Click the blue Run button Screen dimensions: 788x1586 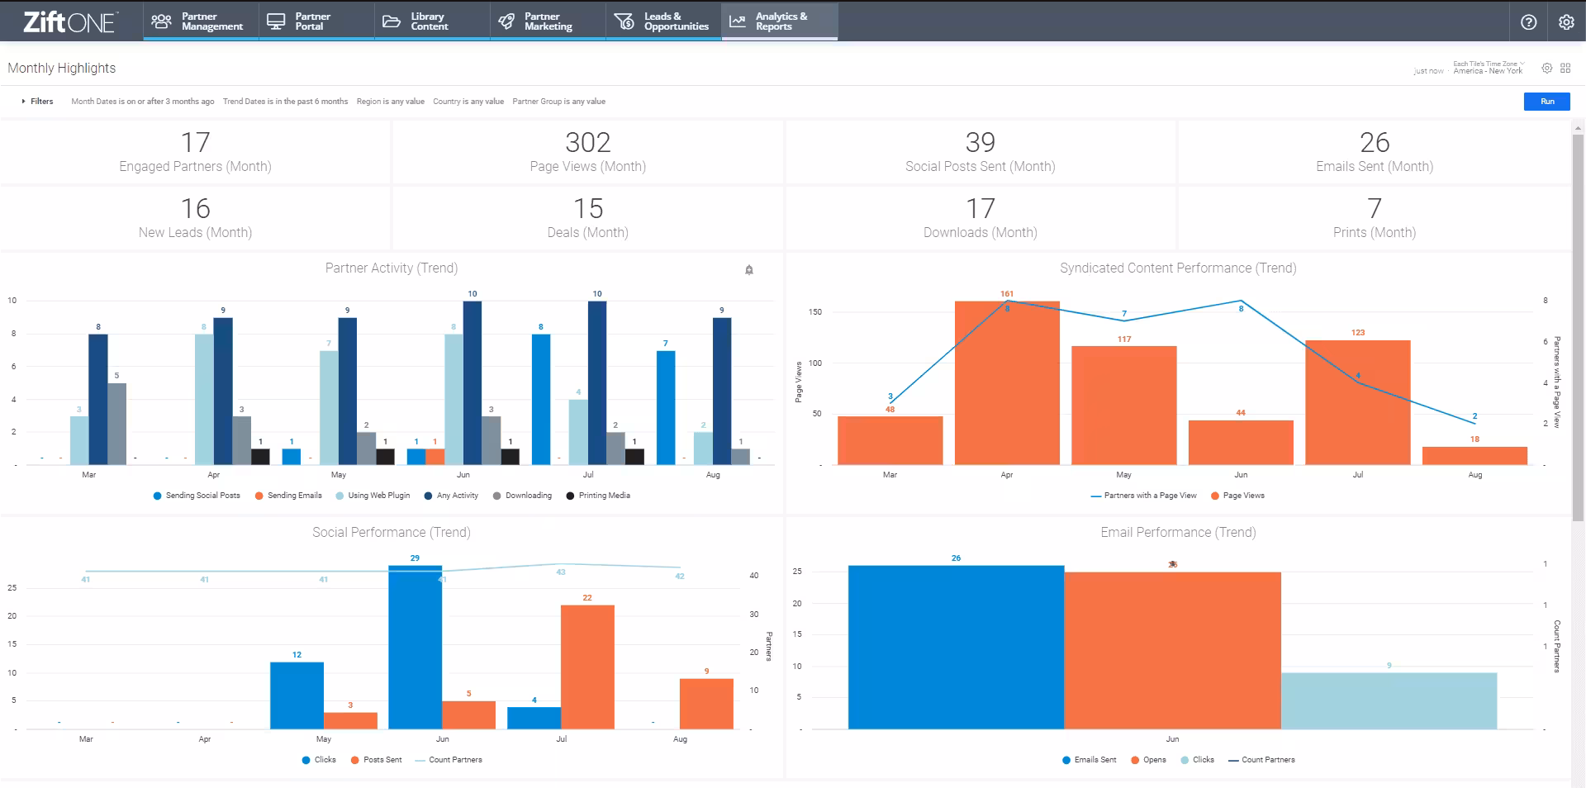(1547, 102)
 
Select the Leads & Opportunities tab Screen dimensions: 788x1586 (663, 21)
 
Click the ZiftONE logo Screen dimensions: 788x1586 (69, 21)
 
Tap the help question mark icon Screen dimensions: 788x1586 (1528, 22)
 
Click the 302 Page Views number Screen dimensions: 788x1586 (587, 143)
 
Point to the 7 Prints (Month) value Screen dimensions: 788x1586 (1374, 209)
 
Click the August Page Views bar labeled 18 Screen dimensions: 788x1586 (1474, 456)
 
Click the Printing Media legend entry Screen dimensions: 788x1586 (604, 496)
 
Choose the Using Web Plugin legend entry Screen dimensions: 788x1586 (378, 496)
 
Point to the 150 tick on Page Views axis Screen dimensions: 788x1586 (815, 312)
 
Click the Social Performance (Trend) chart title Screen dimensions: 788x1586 (391, 533)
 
